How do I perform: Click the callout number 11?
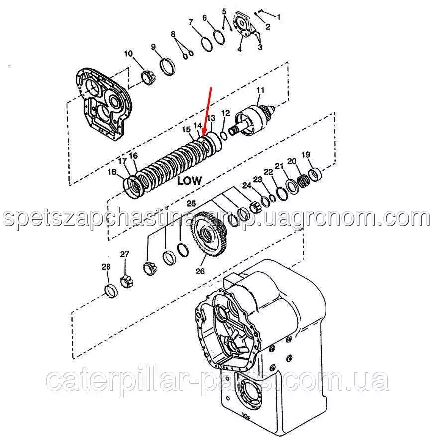pos(260,90)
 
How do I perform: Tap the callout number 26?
pos(200,271)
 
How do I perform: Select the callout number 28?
pos(106,267)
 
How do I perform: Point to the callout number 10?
pos(128,53)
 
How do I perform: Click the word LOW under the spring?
pos(189,180)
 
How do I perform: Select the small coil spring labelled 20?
pos(303,181)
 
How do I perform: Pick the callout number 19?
pos(306,154)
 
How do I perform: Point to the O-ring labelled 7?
pos(207,44)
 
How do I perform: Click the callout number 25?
pos(191,203)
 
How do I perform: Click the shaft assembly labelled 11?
pos(252,121)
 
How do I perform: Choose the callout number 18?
pos(112,172)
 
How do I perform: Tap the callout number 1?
pos(278,17)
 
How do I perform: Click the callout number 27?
pos(125,254)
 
